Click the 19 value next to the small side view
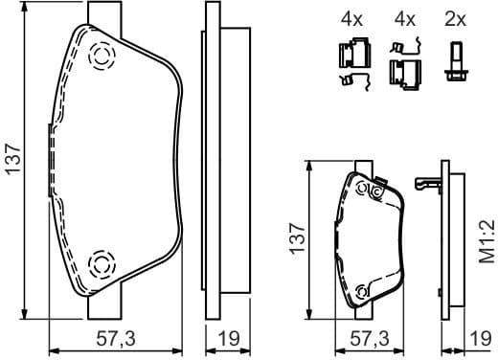pos(478,337)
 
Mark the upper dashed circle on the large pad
pos(100,57)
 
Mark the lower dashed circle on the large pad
pos(100,262)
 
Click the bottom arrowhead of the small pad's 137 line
pos(308,315)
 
